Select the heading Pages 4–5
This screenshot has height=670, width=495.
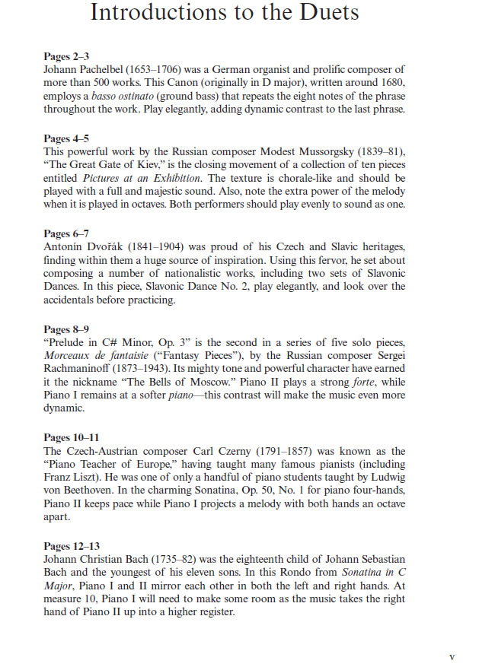pyautogui.click(x=67, y=138)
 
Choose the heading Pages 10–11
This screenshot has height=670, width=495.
pyautogui.click(x=72, y=437)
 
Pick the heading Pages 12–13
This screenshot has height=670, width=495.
pyautogui.click(x=72, y=546)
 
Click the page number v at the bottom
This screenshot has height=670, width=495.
pyautogui.click(x=452, y=657)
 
